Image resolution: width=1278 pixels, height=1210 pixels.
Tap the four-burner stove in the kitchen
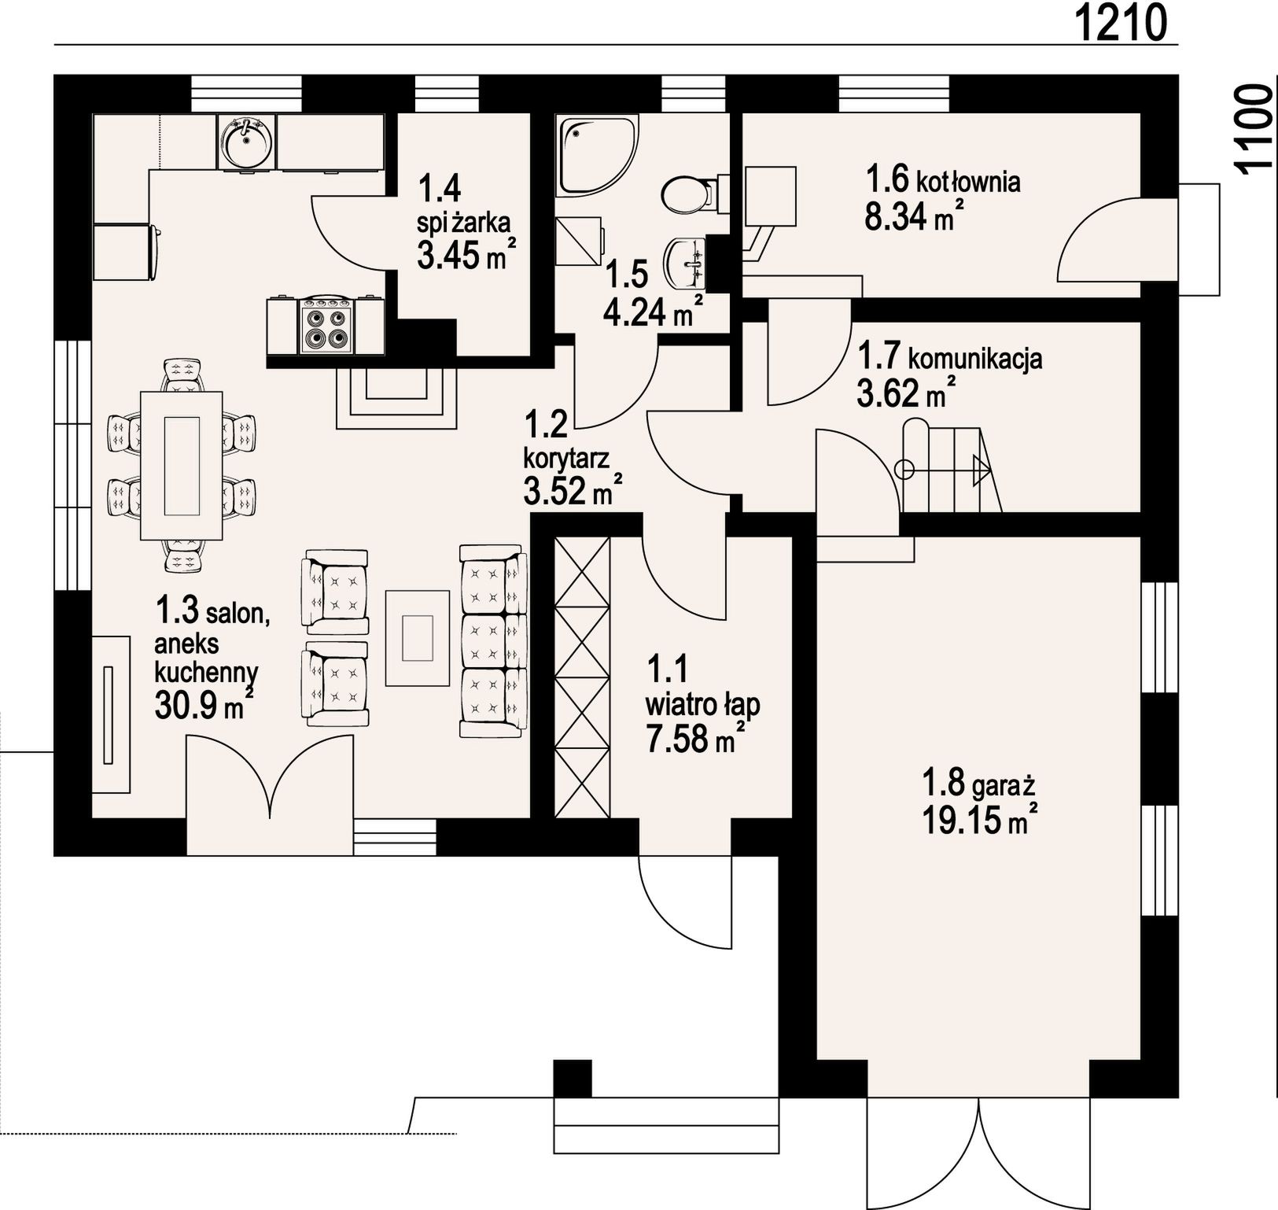pos(326,326)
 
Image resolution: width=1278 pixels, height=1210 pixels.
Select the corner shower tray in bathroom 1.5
pos(597,156)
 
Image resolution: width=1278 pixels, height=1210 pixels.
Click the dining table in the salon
pos(181,465)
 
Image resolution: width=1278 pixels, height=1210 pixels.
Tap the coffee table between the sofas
pos(418,638)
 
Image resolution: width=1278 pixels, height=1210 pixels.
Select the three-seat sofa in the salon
pos(492,640)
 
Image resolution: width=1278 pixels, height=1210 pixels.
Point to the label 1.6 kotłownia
pos(943,179)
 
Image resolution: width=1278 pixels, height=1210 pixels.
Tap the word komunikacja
pos(975,359)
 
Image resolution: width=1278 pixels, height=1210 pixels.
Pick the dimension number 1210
pos(1121,23)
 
